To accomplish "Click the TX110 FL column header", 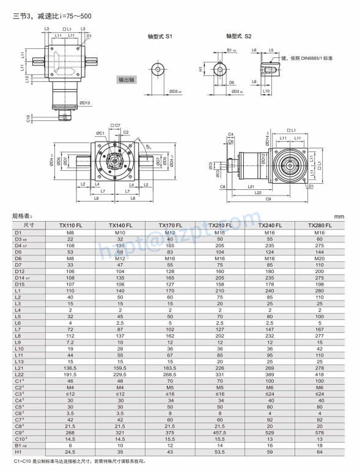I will pyautogui.click(x=71, y=225).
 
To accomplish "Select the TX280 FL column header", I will pyautogui.click(x=320, y=225).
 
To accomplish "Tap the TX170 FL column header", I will pyautogui.click(x=171, y=225).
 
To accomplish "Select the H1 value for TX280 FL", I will pyautogui.click(x=320, y=453).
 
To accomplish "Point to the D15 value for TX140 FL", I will pyautogui.click(x=120, y=283).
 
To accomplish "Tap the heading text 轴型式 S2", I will pyautogui.click(x=238, y=37).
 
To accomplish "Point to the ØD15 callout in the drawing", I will pyautogui.click(x=84, y=103).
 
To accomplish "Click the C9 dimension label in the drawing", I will pyautogui.click(x=268, y=199).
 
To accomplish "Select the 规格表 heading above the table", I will pyautogui.click(x=22, y=216).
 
